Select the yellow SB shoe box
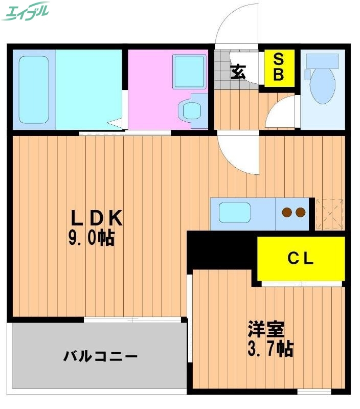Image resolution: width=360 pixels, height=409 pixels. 279,68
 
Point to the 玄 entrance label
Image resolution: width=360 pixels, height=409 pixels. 237,72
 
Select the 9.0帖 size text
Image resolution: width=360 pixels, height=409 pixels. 92,239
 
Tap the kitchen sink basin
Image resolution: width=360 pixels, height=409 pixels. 235,212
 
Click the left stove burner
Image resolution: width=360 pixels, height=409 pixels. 287,212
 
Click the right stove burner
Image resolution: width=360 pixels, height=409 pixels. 300,212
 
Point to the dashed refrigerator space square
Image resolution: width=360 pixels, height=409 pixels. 329,214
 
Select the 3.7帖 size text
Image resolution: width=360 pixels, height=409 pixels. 270,350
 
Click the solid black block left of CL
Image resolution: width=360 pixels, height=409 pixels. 221,249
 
